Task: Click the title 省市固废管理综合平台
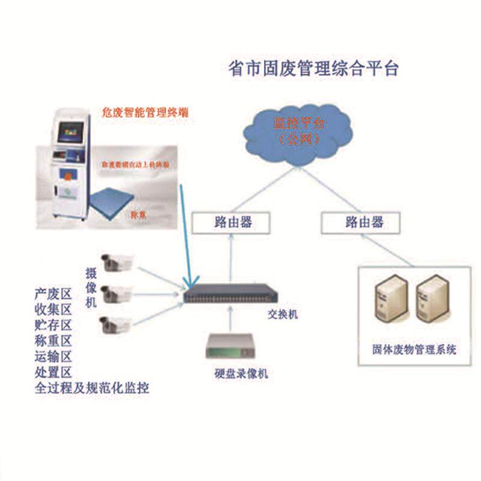(314, 68)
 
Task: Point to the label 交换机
(282, 314)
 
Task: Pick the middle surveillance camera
(115, 293)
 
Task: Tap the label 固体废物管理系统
(414, 349)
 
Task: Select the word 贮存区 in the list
(54, 325)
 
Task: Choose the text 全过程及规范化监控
(92, 388)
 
